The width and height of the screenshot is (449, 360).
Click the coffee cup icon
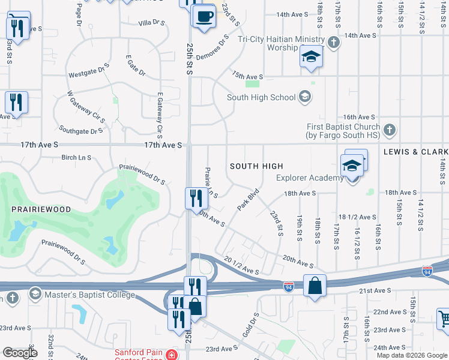204,16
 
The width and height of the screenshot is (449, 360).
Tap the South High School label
261,97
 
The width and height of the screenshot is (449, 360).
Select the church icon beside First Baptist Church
389,130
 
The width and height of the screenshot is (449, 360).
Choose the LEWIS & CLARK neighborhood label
416,152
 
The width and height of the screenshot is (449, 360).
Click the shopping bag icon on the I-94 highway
315,286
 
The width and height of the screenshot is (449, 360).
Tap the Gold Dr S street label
251,324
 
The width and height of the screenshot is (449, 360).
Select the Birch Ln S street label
76,158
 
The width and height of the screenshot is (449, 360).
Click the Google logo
20,353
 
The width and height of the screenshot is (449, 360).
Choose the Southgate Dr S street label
82,130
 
